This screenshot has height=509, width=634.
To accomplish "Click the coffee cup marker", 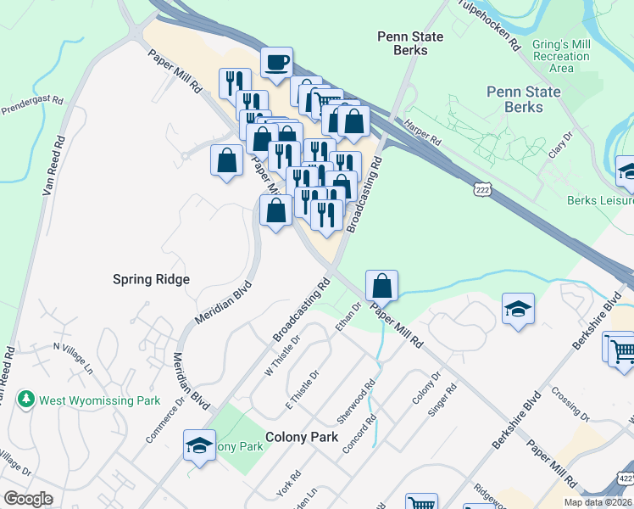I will pos(276,63).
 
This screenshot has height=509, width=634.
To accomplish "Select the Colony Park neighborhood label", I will pos(302,437).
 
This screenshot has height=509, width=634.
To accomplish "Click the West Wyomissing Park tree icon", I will pos(27,398).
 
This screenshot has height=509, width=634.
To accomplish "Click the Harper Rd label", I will pos(423,129).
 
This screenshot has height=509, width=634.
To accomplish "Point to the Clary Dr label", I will pos(568,146).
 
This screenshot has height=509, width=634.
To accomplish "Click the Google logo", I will pos(28,499).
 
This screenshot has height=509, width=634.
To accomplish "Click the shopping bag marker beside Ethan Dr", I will pos(382,286).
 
